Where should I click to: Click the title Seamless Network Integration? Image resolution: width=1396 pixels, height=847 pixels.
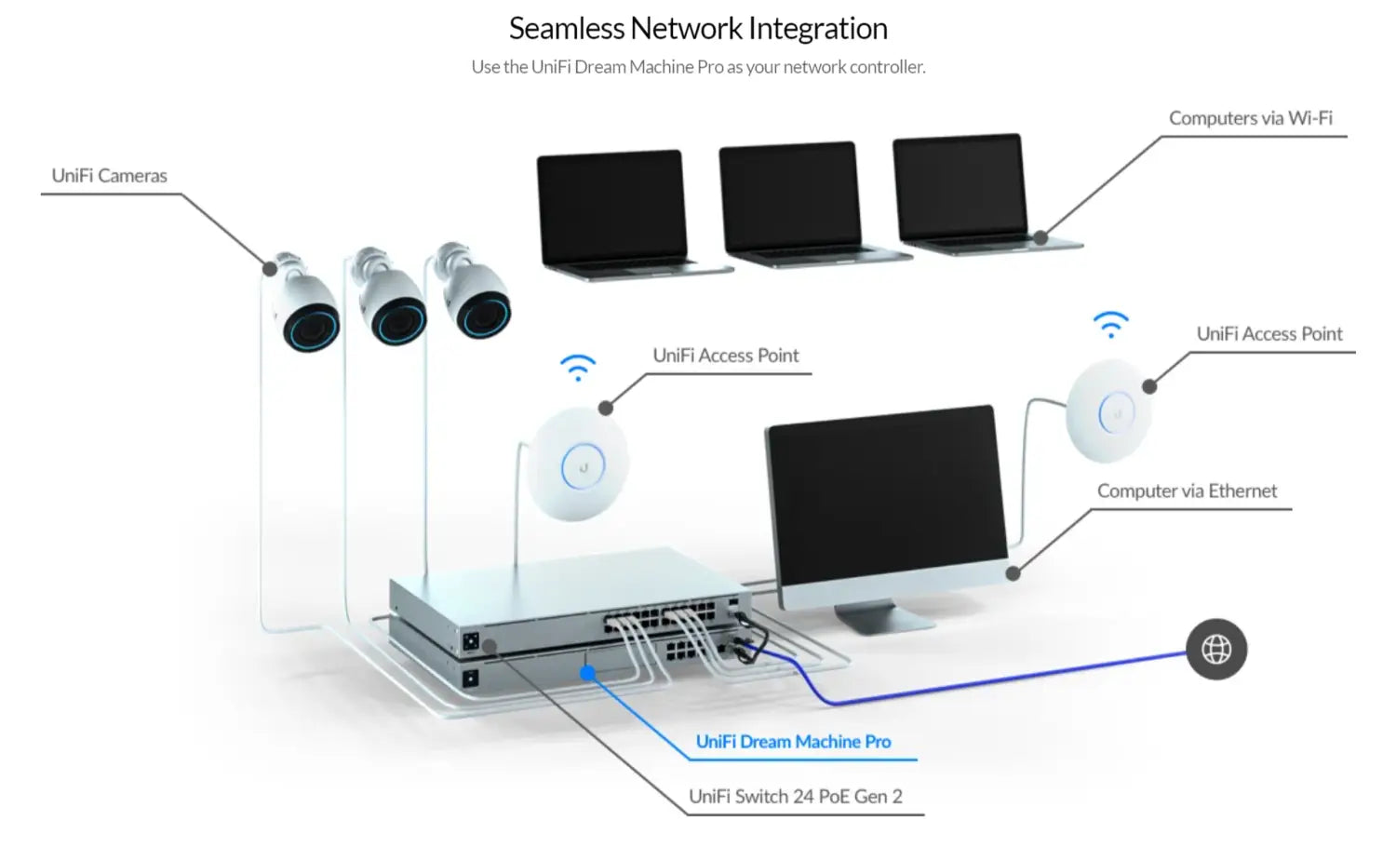point(698,29)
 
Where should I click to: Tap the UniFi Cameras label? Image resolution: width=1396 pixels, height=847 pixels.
point(110,176)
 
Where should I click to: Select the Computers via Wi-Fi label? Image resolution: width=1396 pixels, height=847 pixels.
point(1250,118)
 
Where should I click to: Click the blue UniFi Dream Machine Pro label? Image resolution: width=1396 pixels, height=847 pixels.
point(793,742)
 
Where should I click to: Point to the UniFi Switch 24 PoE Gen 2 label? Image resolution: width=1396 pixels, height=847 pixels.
point(795,797)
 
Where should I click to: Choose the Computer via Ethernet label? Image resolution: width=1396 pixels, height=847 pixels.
point(1187,491)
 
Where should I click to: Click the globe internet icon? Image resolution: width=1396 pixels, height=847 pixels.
point(1216,650)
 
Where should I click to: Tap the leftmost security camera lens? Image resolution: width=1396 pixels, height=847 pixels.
point(312,327)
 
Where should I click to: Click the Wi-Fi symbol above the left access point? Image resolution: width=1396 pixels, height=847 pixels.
point(578,367)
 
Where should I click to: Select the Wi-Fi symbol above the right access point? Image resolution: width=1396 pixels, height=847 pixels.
point(1110,324)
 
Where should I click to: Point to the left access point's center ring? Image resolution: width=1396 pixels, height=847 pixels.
point(584,466)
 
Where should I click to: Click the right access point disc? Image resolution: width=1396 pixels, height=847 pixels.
point(1109,411)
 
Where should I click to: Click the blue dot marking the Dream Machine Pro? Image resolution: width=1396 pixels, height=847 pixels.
point(587,672)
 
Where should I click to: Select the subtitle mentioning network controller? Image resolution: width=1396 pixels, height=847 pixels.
point(698,67)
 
